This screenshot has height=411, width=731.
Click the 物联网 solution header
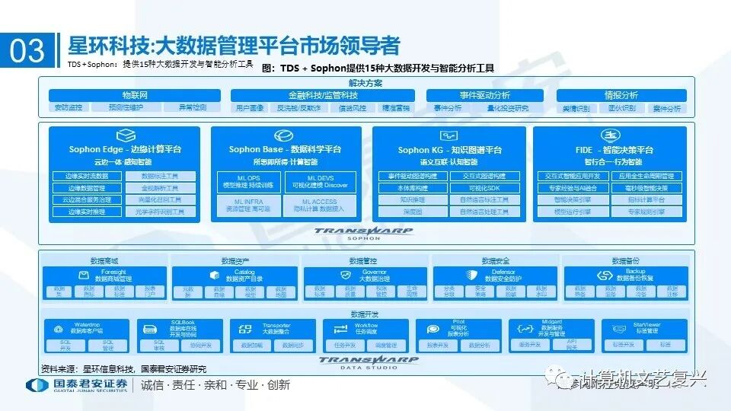coord(135,95)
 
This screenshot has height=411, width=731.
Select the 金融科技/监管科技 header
coord(323,95)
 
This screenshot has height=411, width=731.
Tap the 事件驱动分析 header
coord(484,95)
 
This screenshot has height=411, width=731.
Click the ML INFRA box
coord(247,206)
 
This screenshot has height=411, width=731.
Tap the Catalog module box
coord(237,276)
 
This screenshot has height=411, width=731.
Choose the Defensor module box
coord(496,276)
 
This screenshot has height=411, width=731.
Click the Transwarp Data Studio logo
coord(358,362)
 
